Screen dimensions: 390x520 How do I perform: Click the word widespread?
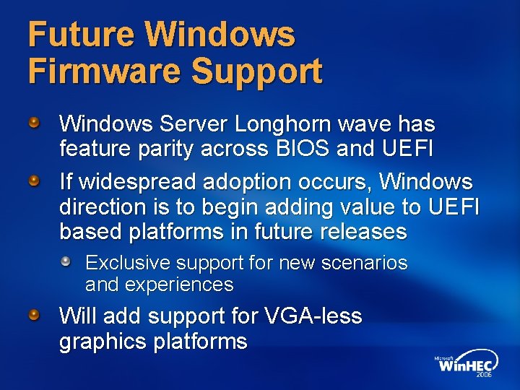click(x=134, y=181)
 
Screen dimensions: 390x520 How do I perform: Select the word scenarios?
click(x=364, y=263)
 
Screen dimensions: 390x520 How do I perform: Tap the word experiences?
click(x=179, y=285)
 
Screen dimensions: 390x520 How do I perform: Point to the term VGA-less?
click(x=313, y=316)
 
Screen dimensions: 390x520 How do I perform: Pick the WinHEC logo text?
click(x=466, y=365)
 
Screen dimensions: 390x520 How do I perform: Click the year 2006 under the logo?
click(x=483, y=376)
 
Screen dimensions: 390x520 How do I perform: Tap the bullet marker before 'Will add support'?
click(x=35, y=315)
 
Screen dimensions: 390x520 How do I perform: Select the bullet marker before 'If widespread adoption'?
click(x=35, y=180)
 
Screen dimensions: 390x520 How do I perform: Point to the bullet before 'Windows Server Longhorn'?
click(x=35, y=123)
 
